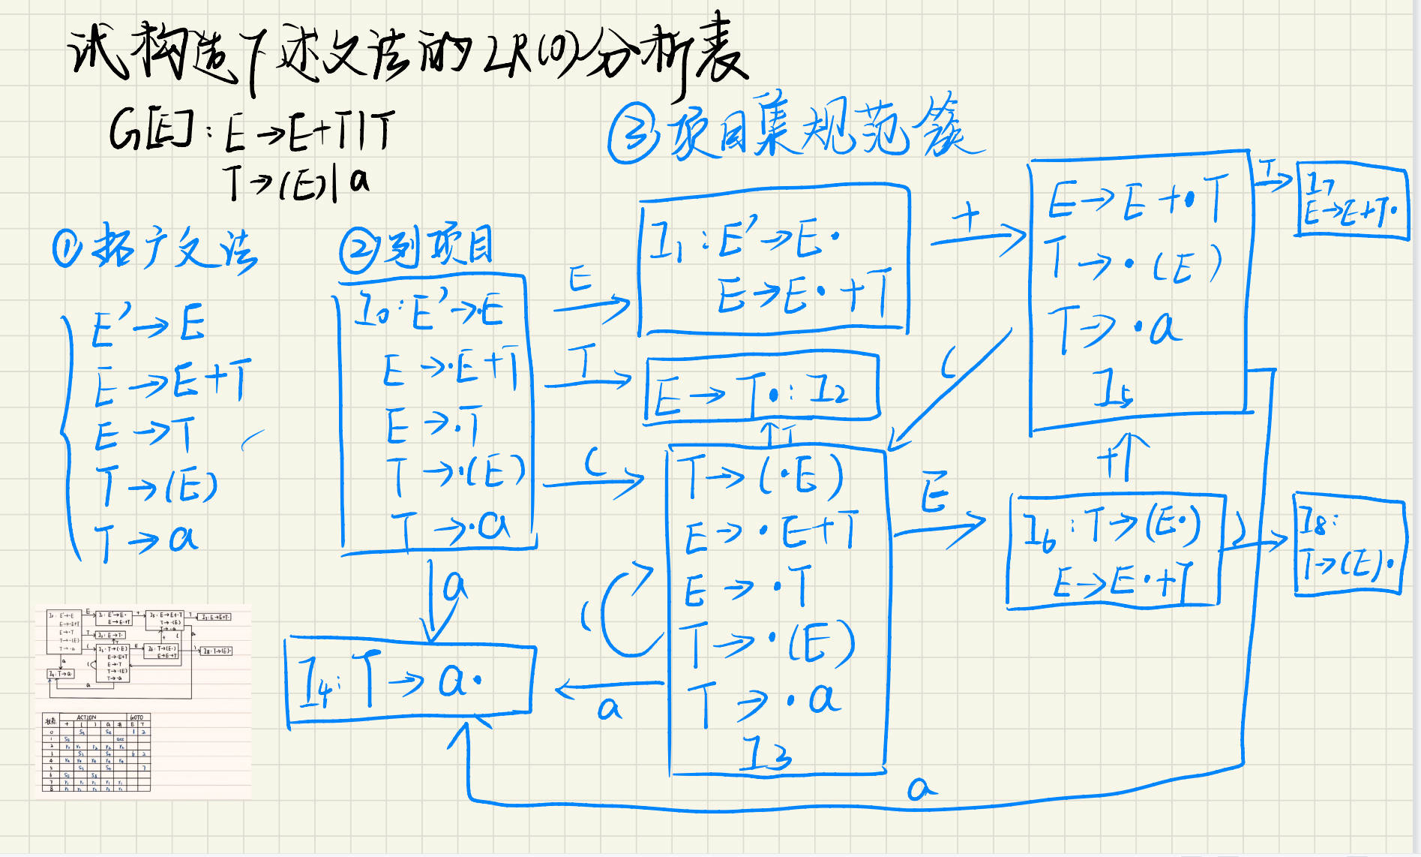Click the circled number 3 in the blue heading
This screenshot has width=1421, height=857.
pyautogui.click(x=634, y=134)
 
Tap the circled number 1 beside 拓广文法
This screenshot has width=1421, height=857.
pyautogui.click(x=67, y=248)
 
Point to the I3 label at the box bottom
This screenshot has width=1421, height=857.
pyautogui.click(x=766, y=753)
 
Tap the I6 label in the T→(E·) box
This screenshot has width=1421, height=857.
pyautogui.click(x=1040, y=533)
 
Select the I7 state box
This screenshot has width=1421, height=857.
pyautogui.click(x=1352, y=200)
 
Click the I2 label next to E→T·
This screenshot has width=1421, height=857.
pyautogui.click(x=831, y=389)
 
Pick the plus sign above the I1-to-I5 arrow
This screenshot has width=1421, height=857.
pyautogui.click(x=967, y=218)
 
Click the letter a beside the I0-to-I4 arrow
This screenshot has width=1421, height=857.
pyautogui.click(x=454, y=585)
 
